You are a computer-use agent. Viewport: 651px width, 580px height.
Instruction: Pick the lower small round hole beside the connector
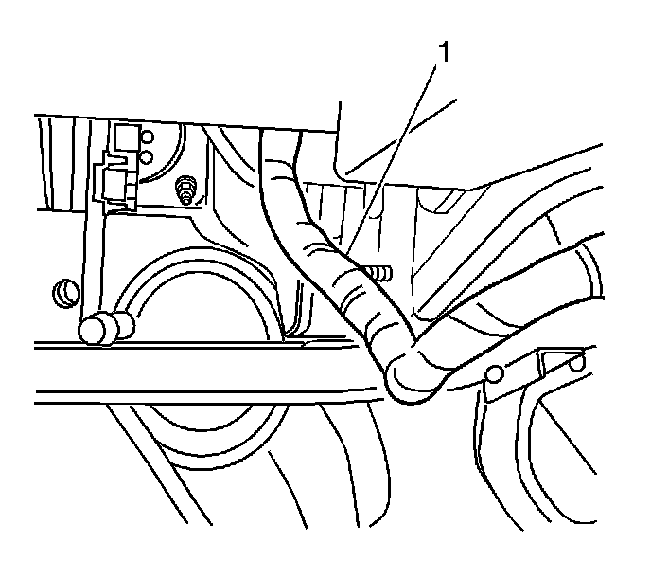(146, 156)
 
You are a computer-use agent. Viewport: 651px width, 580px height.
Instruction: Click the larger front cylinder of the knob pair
(95, 329)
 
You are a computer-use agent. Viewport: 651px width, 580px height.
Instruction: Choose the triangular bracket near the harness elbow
(557, 365)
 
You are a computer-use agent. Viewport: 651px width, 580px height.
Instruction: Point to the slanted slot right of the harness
(446, 202)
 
